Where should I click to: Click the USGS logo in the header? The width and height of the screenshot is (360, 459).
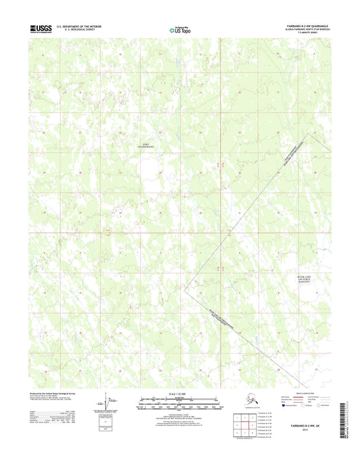pos(40,28)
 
